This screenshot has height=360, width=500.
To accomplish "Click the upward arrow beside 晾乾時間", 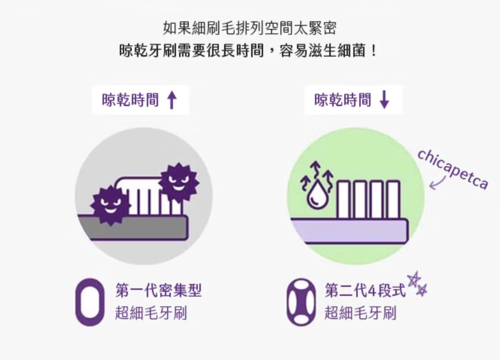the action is (x=172, y=100).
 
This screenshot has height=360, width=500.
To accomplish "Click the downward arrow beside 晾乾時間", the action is (x=384, y=100).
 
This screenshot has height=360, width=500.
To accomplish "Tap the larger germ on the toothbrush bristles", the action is (x=179, y=182).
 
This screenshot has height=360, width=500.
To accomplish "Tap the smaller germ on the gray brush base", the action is (x=110, y=205).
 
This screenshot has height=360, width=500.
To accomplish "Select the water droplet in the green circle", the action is (x=317, y=196).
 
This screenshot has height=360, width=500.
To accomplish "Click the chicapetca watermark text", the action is (x=453, y=169).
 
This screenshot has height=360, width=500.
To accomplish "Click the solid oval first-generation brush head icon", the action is (x=90, y=302).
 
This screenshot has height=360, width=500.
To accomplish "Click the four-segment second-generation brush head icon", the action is (x=301, y=302).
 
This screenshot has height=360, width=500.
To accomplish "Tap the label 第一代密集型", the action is (x=158, y=290).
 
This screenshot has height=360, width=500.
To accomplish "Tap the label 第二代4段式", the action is (x=365, y=290).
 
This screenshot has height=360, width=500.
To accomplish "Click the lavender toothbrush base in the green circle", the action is (x=350, y=231).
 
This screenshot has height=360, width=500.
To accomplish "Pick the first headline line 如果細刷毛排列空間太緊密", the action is (x=250, y=28).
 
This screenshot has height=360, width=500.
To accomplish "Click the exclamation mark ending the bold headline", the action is (x=374, y=51).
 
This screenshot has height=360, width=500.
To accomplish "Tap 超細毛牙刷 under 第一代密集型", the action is (x=151, y=313).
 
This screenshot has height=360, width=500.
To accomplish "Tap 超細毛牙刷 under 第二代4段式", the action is (x=360, y=313).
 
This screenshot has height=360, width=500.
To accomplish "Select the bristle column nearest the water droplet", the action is (x=344, y=199).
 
